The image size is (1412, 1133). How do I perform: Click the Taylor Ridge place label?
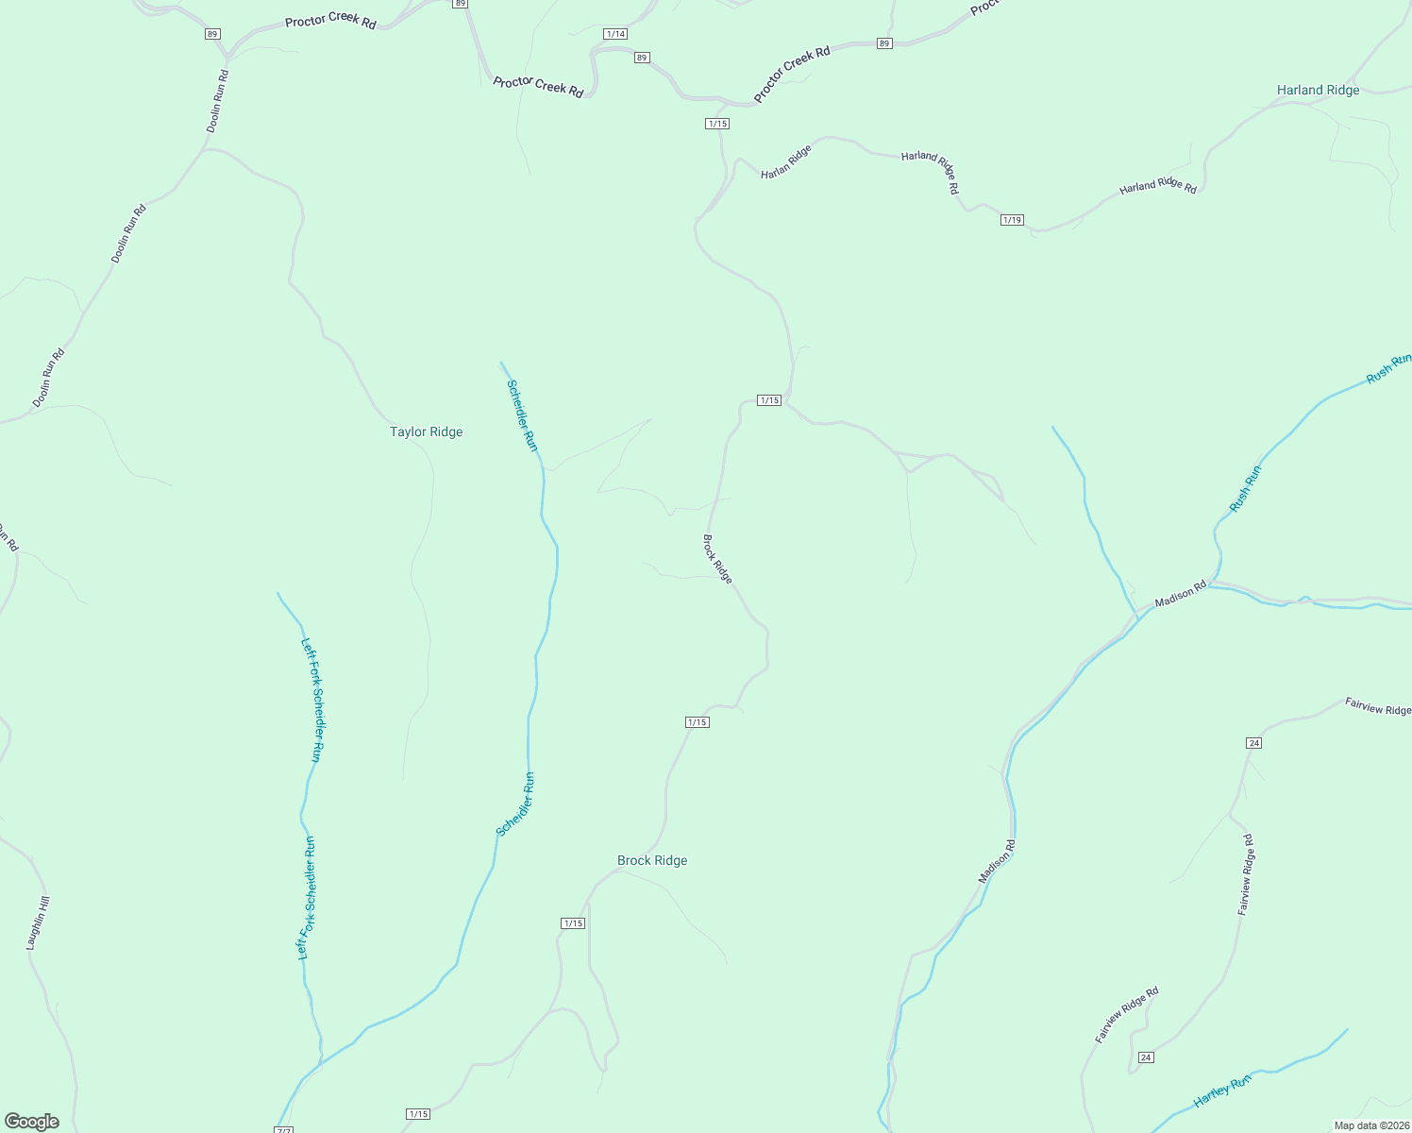click(426, 431)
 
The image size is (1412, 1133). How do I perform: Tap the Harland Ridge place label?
click(1318, 90)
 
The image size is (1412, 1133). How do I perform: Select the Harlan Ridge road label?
click(786, 161)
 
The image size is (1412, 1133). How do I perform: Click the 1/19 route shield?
click(1012, 220)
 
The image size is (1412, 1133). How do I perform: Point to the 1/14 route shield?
click(615, 34)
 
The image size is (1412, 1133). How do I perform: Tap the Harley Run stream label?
click(1221, 1091)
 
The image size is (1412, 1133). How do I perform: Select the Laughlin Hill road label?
click(38, 922)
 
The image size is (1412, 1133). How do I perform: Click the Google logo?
click(31, 1122)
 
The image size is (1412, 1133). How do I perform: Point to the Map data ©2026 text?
click(1370, 1125)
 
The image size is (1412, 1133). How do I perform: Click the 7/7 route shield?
click(284, 1130)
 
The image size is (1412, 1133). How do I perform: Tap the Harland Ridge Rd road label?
click(1157, 187)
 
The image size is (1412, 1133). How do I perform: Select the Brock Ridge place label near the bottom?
click(652, 860)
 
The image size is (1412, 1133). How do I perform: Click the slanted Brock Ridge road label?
click(717, 559)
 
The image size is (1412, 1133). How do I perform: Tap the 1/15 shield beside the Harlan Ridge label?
click(717, 124)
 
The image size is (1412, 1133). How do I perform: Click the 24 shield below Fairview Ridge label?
click(1253, 743)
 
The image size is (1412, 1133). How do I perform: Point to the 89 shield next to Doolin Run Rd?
click(211, 34)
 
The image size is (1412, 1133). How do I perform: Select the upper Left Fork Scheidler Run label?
click(312, 700)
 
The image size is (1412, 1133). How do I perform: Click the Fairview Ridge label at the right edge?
click(1377, 707)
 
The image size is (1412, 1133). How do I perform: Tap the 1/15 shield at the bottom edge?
click(418, 1114)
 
